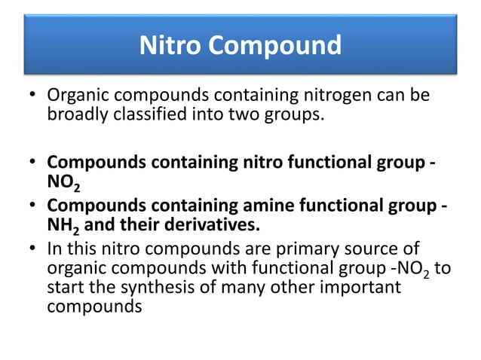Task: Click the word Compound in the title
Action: [274, 46]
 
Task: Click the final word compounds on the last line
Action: [94, 307]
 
